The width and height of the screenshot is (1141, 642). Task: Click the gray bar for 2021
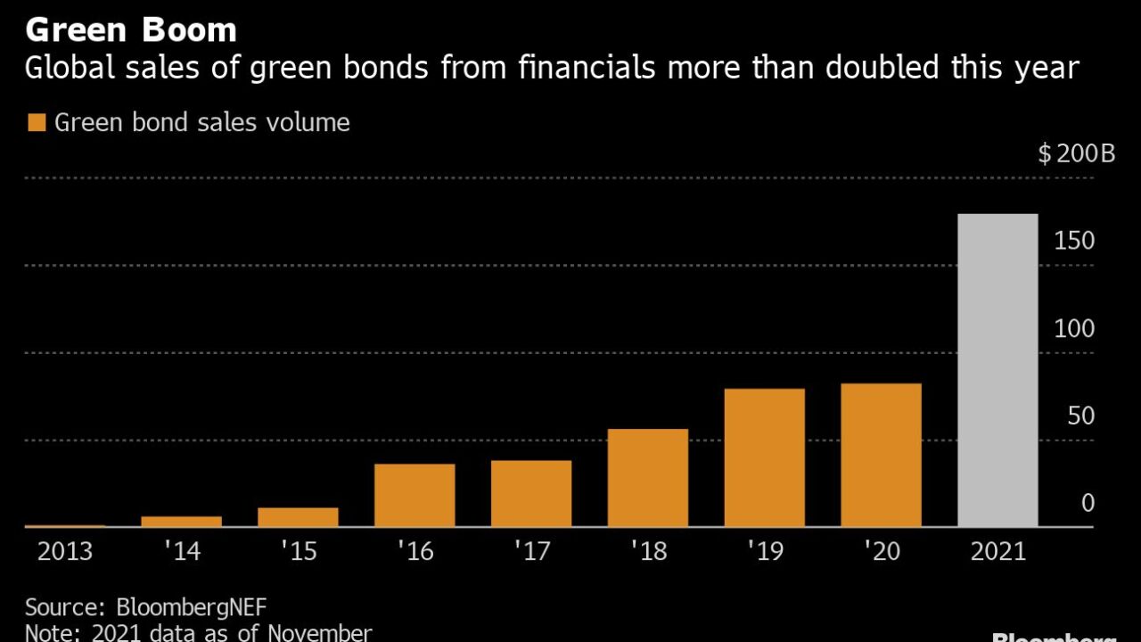(x=997, y=370)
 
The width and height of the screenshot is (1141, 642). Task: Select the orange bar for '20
(x=881, y=455)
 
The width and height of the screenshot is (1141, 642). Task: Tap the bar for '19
(x=764, y=457)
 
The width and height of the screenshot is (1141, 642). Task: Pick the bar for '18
(x=648, y=478)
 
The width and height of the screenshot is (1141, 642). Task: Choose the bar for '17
(x=531, y=493)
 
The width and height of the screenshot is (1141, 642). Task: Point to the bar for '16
(x=415, y=495)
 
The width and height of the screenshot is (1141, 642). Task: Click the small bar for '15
(x=298, y=517)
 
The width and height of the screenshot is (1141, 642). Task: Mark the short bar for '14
(x=182, y=522)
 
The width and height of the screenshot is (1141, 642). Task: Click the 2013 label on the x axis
(x=65, y=551)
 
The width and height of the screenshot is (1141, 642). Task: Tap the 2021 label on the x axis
(x=997, y=551)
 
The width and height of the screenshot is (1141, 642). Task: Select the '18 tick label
(x=648, y=551)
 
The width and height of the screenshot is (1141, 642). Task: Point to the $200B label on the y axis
(x=1076, y=154)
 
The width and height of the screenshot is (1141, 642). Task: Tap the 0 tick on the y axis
(x=1087, y=503)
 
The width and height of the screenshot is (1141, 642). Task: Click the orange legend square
(x=37, y=123)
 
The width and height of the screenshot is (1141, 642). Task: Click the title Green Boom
(x=131, y=30)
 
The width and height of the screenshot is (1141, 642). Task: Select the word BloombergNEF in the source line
(x=191, y=608)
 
